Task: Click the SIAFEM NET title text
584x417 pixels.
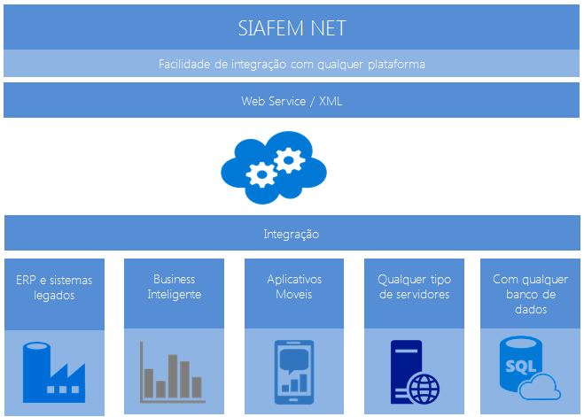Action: pos(292,27)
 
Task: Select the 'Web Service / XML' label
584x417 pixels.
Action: pos(292,101)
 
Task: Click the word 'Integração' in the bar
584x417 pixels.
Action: pos(292,235)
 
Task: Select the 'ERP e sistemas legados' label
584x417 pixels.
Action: pos(54,288)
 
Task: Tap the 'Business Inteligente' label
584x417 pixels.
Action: pos(174,287)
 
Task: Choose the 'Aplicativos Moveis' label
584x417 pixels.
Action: pos(294,287)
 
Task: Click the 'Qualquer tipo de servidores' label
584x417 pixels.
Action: pos(414,287)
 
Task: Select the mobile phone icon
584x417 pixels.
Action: pos(294,372)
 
